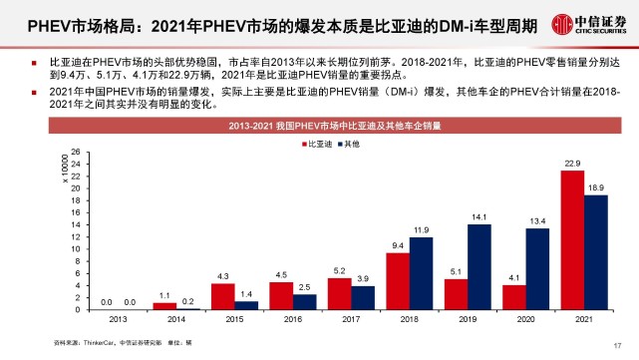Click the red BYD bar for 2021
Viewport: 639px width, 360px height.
pos(571,239)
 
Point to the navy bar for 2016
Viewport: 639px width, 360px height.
pos(306,301)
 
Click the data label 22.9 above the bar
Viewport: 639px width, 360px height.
pos(571,163)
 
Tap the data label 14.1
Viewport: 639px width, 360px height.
pos(479,216)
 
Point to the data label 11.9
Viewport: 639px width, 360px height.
pos(422,229)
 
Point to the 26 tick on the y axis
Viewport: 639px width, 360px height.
pos(74,153)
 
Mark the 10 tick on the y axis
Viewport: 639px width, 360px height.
pos(74,249)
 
